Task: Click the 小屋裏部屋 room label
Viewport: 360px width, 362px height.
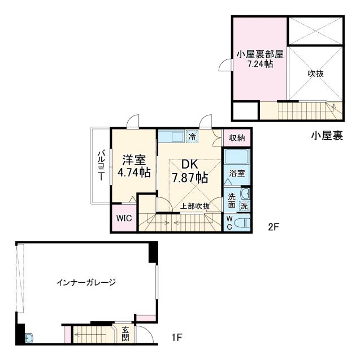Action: click(x=260, y=54)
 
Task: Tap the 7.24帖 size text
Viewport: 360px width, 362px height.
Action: click(x=260, y=64)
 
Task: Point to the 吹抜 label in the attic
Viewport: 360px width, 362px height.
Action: click(x=315, y=73)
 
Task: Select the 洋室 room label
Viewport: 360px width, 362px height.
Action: click(x=133, y=159)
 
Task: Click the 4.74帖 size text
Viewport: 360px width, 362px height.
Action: click(x=133, y=172)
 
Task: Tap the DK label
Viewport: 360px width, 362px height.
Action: click(x=189, y=165)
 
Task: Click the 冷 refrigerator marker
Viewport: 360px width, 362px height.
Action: click(x=192, y=136)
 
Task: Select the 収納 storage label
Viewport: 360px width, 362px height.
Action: click(x=237, y=137)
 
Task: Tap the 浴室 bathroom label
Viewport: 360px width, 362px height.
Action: click(x=237, y=174)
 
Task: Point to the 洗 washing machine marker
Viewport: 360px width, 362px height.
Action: click(x=244, y=206)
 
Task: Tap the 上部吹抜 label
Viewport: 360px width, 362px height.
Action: click(x=195, y=206)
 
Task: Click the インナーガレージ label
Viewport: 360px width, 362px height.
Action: click(x=86, y=281)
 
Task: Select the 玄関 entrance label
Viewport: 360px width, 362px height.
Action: click(x=125, y=334)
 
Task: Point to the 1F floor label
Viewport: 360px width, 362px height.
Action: click(x=177, y=339)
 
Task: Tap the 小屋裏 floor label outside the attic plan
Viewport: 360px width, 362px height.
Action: click(x=326, y=136)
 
